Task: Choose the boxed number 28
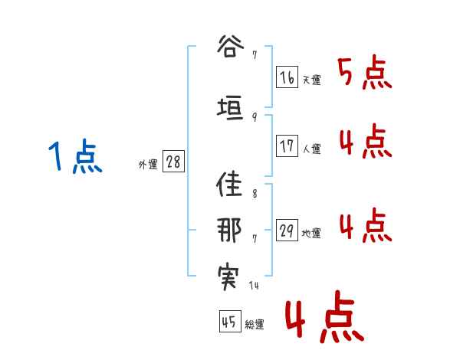click(173, 162)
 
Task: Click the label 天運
click(311, 80)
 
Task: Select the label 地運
click(311, 234)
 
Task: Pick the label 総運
click(255, 325)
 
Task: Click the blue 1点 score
click(74, 158)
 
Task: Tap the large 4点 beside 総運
click(323, 320)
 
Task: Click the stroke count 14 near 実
click(255, 286)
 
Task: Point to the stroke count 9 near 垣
click(254, 117)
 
